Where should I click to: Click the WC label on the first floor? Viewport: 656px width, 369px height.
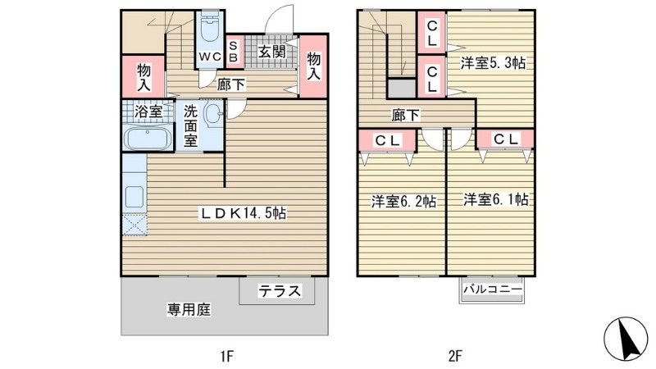tap(209, 57)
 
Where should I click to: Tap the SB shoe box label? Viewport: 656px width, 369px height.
tap(233, 52)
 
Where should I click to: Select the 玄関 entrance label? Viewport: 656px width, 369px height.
tap(271, 52)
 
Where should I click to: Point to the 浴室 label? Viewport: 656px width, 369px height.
tap(148, 112)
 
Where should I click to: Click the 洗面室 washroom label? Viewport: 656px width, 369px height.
tap(189, 125)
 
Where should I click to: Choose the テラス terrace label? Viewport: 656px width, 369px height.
tap(280, 290)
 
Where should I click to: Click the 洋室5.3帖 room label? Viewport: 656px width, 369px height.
tap(492, 64)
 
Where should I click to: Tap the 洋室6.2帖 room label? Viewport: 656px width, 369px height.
tap(403, 200)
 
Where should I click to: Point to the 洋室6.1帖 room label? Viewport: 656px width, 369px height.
tap(494, 199)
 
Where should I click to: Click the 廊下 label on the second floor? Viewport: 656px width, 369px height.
tap(406, 115)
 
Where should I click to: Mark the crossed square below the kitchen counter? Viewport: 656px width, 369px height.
tap(134, 224)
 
